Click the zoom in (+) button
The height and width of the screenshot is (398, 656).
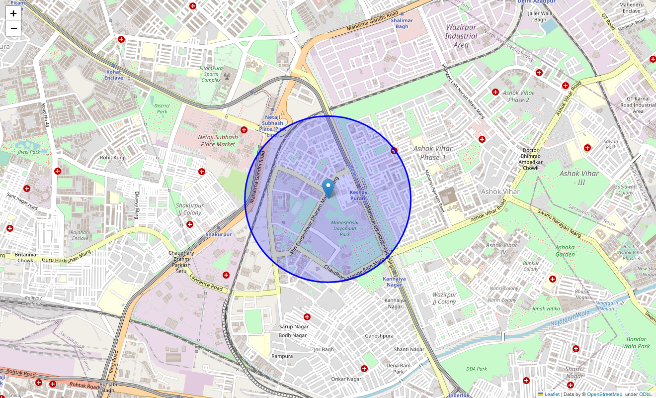(x=13, y=13)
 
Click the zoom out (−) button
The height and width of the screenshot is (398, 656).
(x=13, y=28)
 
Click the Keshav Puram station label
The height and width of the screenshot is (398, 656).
(x=358, y=195)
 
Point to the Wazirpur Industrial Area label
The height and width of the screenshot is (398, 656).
(x=461, y=36)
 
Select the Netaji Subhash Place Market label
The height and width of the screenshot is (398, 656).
(x=218, y=141)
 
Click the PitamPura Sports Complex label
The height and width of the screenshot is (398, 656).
(x=211, y=74)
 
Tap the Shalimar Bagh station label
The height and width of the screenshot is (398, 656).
(x=402, y=23)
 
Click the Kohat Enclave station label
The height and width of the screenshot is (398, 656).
(x=113, y=75)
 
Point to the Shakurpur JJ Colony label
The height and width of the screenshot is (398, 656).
(x=189, y=209)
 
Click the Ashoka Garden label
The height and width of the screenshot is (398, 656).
(x=565, y=251)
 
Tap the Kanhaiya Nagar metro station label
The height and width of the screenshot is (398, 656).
(x=394, y=282)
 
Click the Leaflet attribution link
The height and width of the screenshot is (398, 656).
(x=552, y=395)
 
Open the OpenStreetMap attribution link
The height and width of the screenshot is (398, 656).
(x=604, y=395)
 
